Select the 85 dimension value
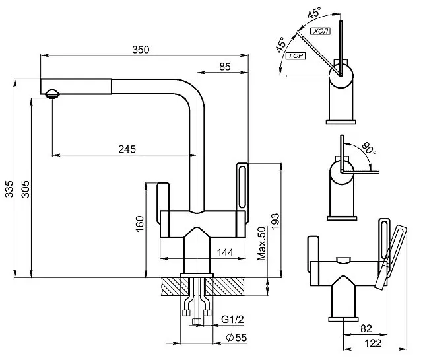(x=224, y=66)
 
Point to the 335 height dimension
(x=9, y=191)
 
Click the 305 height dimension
(x=25, y=191)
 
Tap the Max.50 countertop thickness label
(x=261, y=245)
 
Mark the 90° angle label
(x=368, y=149)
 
